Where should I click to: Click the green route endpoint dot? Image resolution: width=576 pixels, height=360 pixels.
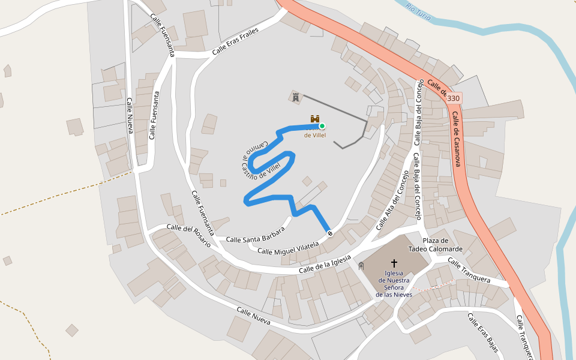pyautogui.click(x=322, y=126)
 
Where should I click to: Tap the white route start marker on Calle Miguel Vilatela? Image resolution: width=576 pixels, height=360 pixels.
pyautogui.click(x=329, y=232)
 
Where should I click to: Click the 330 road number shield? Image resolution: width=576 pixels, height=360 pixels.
pyautogui.click(x=454, y=98)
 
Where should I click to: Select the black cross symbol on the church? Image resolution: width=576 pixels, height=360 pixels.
pyautogui.click(x=394, y=263)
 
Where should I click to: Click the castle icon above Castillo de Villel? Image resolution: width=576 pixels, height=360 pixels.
pyautogui.click(x=315, y=119)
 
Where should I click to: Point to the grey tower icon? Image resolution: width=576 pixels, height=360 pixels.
pyautogui.click(x=296, y=97)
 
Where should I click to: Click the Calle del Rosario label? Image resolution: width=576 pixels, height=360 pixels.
pyautogui.click(x=188, y=236)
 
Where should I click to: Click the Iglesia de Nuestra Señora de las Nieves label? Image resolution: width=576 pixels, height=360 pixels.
pyautogui.click(x=394, y=284)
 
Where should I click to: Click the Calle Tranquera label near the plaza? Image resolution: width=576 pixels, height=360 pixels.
pyautogui.click(x=469, y=272)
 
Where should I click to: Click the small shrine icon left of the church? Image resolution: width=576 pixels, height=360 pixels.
pyautogui.click(x=361, y=266)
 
